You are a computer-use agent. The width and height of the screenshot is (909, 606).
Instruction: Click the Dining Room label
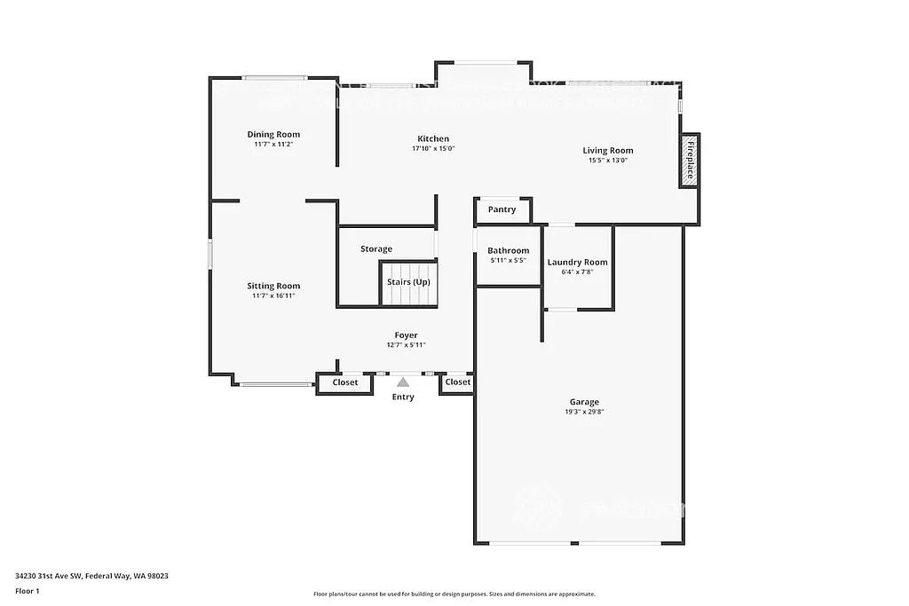[x=273, y=134]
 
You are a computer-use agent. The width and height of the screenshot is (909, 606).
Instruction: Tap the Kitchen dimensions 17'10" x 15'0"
[x=433, y=149]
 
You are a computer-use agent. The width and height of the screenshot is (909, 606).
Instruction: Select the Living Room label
[x=607, y=150]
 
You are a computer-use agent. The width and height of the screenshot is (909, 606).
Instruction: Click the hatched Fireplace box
[x=689, y=161]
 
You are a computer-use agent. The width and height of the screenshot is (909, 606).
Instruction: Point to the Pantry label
[x=502, y=210]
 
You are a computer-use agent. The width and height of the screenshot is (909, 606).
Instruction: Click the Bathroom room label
[x=508, y=250]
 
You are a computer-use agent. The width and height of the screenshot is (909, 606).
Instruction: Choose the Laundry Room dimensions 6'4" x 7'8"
[x=577, y=272]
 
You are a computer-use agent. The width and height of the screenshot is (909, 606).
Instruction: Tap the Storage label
[x=376, y=249]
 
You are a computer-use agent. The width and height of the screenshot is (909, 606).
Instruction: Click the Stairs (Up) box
[x=408, y=282]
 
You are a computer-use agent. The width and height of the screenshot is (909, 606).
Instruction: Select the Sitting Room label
[x=273, y=286]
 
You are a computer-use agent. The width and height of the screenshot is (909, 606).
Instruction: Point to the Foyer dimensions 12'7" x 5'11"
[x=407, y=345]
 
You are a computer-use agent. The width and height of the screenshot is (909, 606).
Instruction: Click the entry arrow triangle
[x=403, y=382]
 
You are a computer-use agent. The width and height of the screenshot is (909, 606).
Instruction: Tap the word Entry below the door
[x=403, y=397]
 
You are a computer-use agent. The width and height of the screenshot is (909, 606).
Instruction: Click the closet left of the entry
[x=344, y=382]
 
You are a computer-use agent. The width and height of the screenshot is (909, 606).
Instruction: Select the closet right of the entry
[x=457, y=382]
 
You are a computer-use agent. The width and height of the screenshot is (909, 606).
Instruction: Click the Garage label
[x=584, y=402]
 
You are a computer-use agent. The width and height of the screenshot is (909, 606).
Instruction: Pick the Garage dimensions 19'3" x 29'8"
[x=584, y=413]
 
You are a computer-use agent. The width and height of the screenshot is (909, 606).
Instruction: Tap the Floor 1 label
[x=28, y=590]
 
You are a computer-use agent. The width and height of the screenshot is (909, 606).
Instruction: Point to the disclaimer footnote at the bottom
[x=454, y=594]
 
